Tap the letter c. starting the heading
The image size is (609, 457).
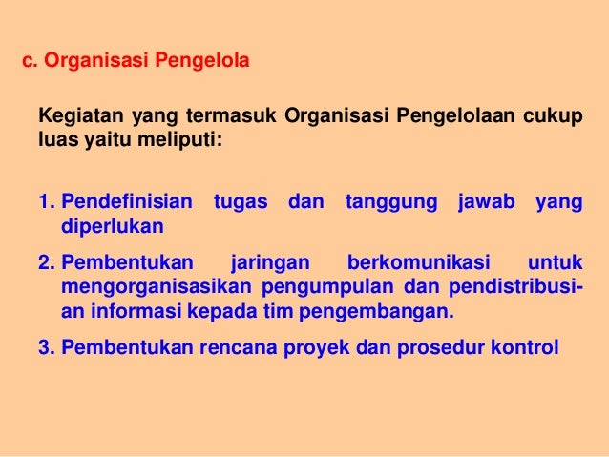pyautogui.click(x=29, y=64)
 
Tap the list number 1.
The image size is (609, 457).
pyautogui.click(x=46, y=202)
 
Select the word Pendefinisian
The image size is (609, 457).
pyautogui.click(x=126, y=202)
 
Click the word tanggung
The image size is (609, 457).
pyautogui.click(x=391, y=202)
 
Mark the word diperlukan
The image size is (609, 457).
pyautogui.click(x=113, y=227)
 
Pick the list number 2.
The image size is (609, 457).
pyautogui.click(x=46, y=262)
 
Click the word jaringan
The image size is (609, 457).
pyautogui.click(x=270, y=262)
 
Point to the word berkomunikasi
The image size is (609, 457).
pyautogui.click(x=419, y=262)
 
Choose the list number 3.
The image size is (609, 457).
pyautogui.click(x=46, y=346)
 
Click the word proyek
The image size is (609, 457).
pyautogui.click(x=317, y=346)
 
